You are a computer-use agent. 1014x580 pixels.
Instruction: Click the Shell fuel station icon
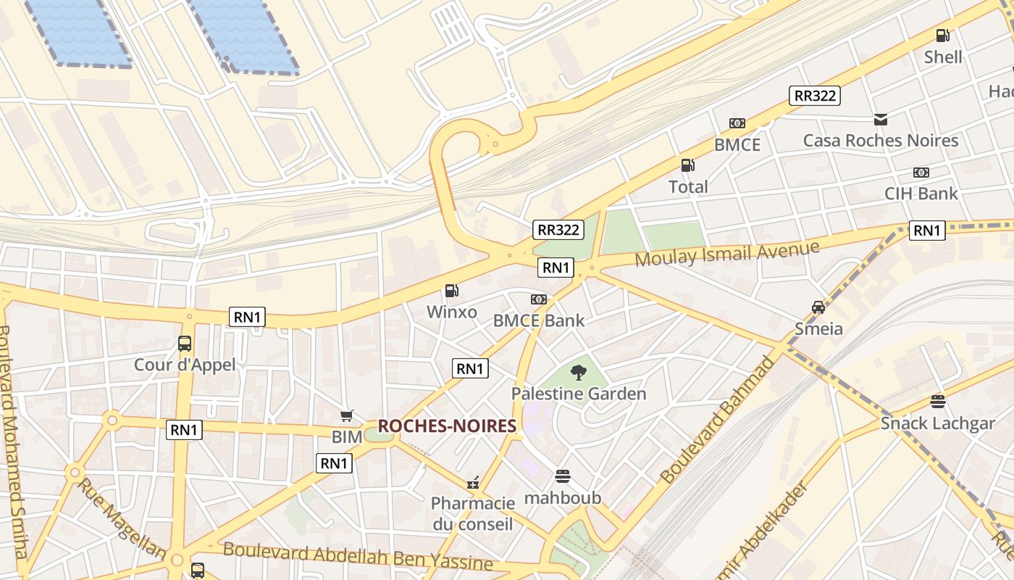pyautogui.click(x=942, y=35)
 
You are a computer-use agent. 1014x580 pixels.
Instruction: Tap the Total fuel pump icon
pyautogui.click(x=687, y=165)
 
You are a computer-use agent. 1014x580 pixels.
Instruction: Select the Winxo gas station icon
pyautogui.click(x=451, y=291)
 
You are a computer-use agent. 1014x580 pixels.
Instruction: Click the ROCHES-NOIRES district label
pyautogui.click(x=447, y=426)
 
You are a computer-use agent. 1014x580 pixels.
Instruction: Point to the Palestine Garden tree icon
pyautogui.click(x=578, y=373)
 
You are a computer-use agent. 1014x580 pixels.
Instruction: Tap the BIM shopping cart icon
pyautogui.click(x=347, y=415)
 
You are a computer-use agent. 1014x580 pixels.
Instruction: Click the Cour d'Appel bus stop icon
pyautogui.click(x=185, y=343)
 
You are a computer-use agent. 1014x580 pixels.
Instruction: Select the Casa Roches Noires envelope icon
pyautogui.click(x=880, y=120)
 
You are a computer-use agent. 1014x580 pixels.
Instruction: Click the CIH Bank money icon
pyautogui.click(x=921, y=173)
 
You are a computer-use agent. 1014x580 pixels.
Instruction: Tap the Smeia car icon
pyautogui.click(x=818, y=307)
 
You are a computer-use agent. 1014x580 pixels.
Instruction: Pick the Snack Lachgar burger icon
pyautogui.click(x=938, y=402)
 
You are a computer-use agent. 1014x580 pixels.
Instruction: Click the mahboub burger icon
pyautogui.click(x=563, y=476)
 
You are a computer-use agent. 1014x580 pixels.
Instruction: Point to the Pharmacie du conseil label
pyautogui.click(x=473, y=513)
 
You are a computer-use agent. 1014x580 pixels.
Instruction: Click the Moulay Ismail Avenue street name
pyautogui.click(x=727, y=254)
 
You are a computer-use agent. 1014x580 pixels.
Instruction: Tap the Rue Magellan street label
pyautogui.click(x=121, y=518)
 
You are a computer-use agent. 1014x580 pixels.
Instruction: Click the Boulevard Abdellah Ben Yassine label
pyautogui.click(x=358, y=555)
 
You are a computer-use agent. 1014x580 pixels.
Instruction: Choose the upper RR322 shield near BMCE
pyautogui.click(x=815, y=95)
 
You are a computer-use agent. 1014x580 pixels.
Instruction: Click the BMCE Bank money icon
pyautogui.click(x=538, y=299)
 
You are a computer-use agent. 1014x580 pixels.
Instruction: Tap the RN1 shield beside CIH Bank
pyautogui.click(x=927, y=231)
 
